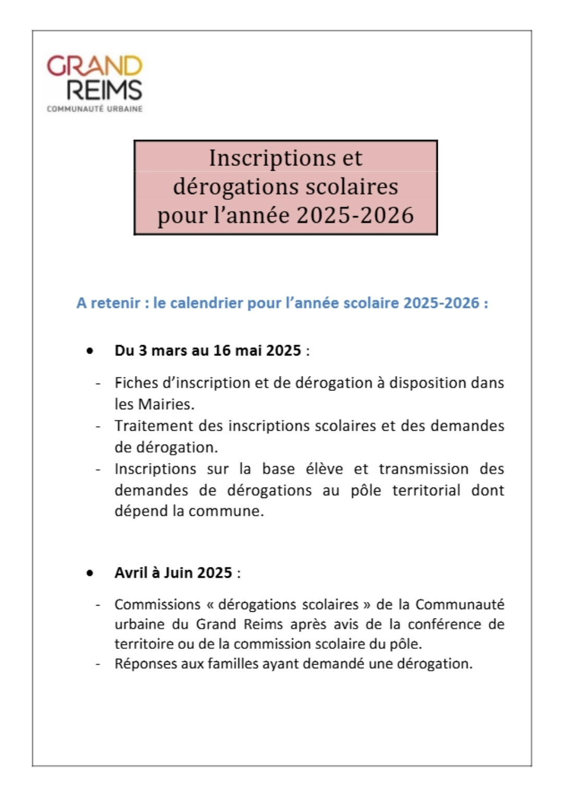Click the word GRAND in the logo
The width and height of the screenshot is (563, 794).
94,66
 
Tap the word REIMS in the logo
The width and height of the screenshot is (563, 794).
104,90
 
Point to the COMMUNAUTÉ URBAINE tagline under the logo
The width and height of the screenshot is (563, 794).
94,109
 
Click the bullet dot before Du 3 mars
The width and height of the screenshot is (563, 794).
90,351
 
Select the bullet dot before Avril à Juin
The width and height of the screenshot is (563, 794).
90,573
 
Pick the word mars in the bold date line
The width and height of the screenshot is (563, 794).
170,351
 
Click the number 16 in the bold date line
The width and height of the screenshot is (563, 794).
222,351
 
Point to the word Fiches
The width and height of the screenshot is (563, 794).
136,383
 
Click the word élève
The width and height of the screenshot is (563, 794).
324,469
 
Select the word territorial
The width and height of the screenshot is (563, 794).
426,490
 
